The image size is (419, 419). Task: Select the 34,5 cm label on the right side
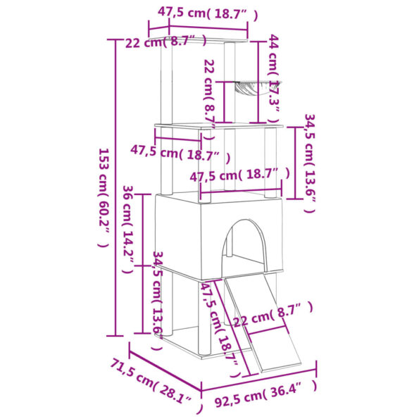pyautogui.click(x=310, y=161)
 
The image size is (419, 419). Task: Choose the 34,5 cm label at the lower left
pyautogui.click(x=158, y=294)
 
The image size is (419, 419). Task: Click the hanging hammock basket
pyautogui.click(x=244, y=90)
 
